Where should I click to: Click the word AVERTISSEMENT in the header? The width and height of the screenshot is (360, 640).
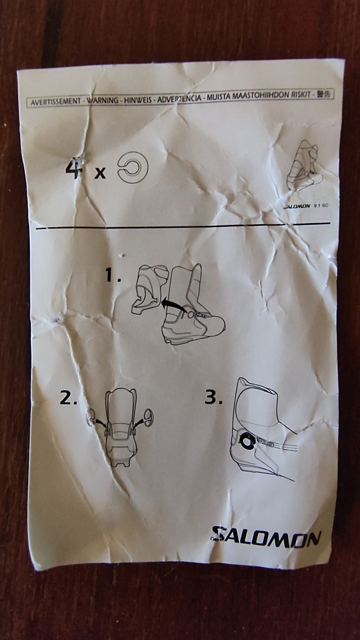pos(56,102)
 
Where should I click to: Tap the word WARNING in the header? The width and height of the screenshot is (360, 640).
pos(102,101)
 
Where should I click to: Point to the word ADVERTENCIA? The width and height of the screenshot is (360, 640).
pos(179,99)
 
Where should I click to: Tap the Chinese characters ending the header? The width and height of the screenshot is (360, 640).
pos(324,94)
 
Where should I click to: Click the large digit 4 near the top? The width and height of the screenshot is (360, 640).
pos(74,169)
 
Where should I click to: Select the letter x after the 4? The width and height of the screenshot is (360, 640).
pos(100,173)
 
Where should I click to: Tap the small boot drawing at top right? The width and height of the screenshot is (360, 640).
pos(303,166)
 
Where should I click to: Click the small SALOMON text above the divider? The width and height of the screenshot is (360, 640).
pos(297,206)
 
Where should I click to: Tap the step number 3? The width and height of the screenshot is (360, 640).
pos(213,397)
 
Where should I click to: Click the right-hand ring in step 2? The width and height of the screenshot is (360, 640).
pos(149,419)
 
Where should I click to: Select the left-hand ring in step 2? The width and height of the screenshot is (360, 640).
pos(91,418)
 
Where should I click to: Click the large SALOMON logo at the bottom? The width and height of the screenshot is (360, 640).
pos(266,539)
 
